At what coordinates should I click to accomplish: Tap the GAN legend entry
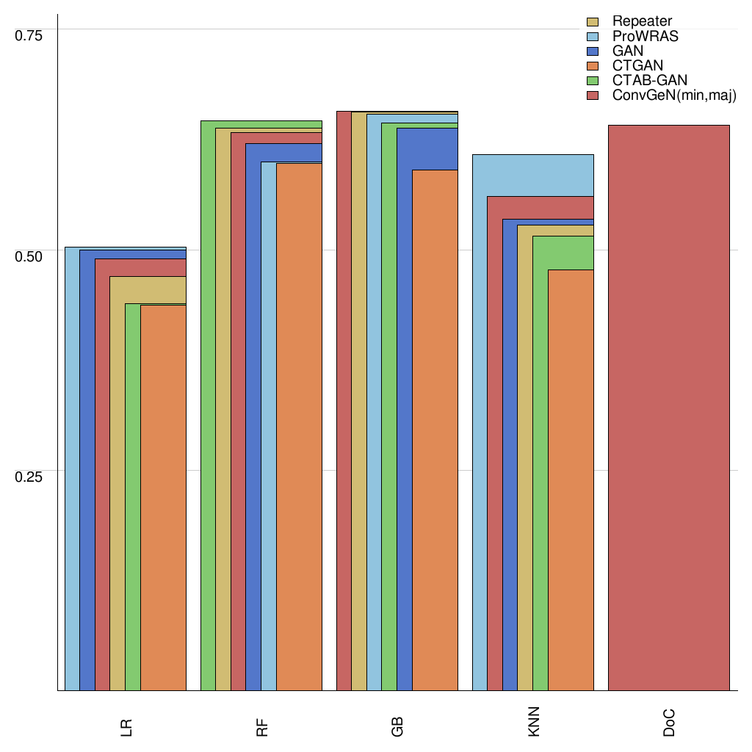[627, 51]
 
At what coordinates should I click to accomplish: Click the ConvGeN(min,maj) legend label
[673, 95]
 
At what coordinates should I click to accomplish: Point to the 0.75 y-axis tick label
[29, 35]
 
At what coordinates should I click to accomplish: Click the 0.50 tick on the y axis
[29, 256]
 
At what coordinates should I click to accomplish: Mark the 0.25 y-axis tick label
[29, 476]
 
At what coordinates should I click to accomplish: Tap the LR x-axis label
[126, 728]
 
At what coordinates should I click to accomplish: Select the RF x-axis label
[262, 728]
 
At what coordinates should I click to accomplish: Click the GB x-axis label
[398, 728]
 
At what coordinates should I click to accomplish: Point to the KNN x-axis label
[534, 726]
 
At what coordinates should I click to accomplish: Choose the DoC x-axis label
[669, 726]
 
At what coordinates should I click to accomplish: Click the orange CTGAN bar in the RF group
[299, 427]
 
